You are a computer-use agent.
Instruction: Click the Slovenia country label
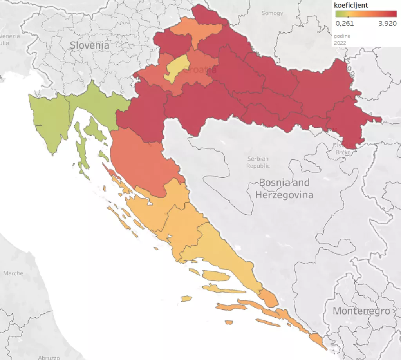(x=89, y=45)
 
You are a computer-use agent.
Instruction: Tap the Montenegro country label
(x=361, y=311)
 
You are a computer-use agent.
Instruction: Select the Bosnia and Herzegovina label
(x=284, y=188)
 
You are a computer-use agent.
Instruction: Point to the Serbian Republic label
(x=258, y=162)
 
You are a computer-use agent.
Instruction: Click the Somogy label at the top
(x=272, y=13)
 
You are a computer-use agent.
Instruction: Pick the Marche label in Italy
(x=13, y=273)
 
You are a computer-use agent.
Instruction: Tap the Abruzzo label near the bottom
(x=49, y=357)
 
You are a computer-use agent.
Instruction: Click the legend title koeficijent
(x=350, y=5)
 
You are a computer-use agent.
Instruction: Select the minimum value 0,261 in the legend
(x=345, y=23)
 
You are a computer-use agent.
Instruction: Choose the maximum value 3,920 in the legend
(x=388, y=23)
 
